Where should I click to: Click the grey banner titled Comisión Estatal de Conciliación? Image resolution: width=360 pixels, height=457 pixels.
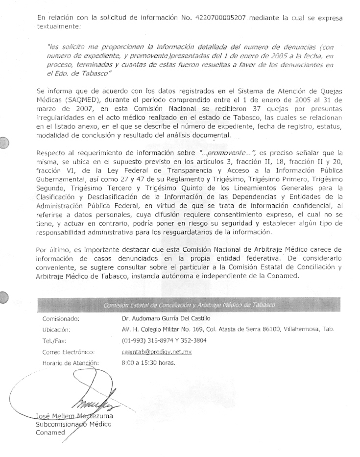(189, 305)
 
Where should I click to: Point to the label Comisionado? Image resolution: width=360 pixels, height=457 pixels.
(61, 319)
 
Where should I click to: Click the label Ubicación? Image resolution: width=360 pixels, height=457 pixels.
(57, 330)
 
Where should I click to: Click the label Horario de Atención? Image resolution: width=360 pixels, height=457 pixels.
(71, 363)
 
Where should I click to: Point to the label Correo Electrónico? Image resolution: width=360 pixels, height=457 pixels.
(68, 352)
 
